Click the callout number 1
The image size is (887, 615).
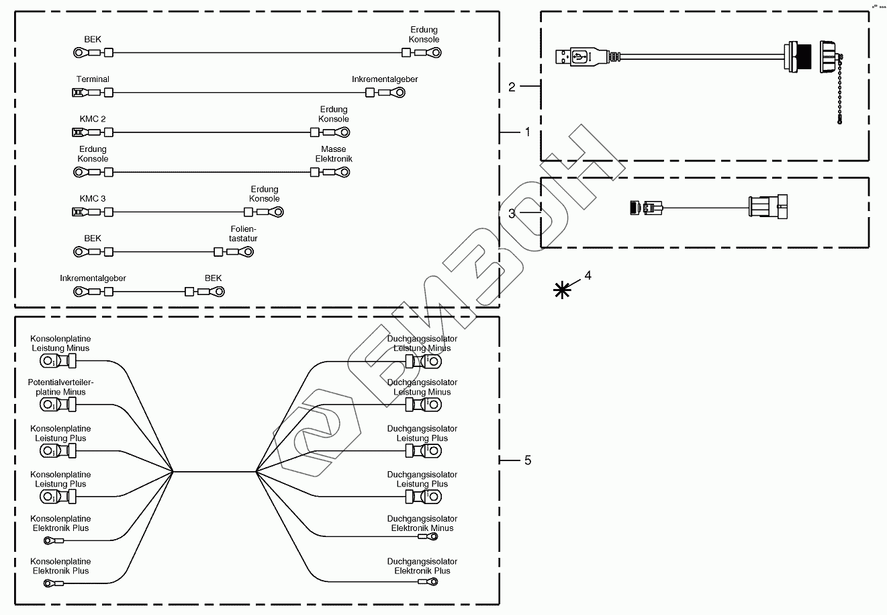[x=527, y=132]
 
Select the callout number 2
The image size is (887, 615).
[x=512, y=87]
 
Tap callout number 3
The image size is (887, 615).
[x=512, y=214]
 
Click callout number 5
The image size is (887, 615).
[x=527, y=460]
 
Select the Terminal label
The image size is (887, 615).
[x=93, y=79]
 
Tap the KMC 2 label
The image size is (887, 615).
[x=93, y=119]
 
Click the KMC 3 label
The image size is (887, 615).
[x=93, y=198]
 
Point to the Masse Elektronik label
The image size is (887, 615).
[x=334, y=154]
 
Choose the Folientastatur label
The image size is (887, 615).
[x=243, y=233]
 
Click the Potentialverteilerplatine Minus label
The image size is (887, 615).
[x=60, y=387]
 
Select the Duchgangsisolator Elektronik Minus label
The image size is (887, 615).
[x=422, y=524]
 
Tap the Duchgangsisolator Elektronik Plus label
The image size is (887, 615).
[x=422, y=566]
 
